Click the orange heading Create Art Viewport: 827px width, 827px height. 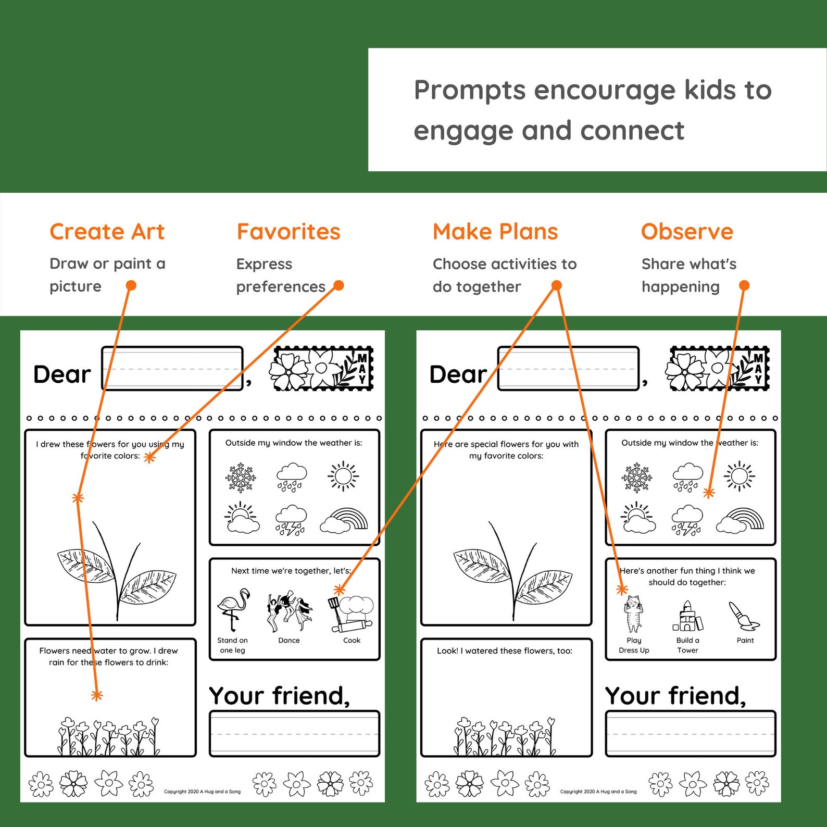(x=107, y=232)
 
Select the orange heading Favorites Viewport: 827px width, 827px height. (x=289, y=232)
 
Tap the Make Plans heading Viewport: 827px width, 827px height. (x=495, y=232)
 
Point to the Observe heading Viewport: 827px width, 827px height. (x=687, y=232)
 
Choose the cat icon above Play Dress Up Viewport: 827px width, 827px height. (x=633, y=613)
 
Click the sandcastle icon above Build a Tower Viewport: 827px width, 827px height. (x=687, y=616)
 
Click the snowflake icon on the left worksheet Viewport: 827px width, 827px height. (x=241, y=477)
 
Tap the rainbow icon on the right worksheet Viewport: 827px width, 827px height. (x=740, y=520)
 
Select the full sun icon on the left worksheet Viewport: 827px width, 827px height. (x=343, y=475)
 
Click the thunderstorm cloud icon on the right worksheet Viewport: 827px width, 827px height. (x=687, y=520)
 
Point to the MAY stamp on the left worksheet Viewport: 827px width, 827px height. (x=321, y=369)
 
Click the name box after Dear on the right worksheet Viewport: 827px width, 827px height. (x=568, y=368)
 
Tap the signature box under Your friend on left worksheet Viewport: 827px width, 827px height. (x=294, y=733)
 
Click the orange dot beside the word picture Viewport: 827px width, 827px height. (x=131, y=285)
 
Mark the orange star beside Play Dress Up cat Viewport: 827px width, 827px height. (x=622, y=590)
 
